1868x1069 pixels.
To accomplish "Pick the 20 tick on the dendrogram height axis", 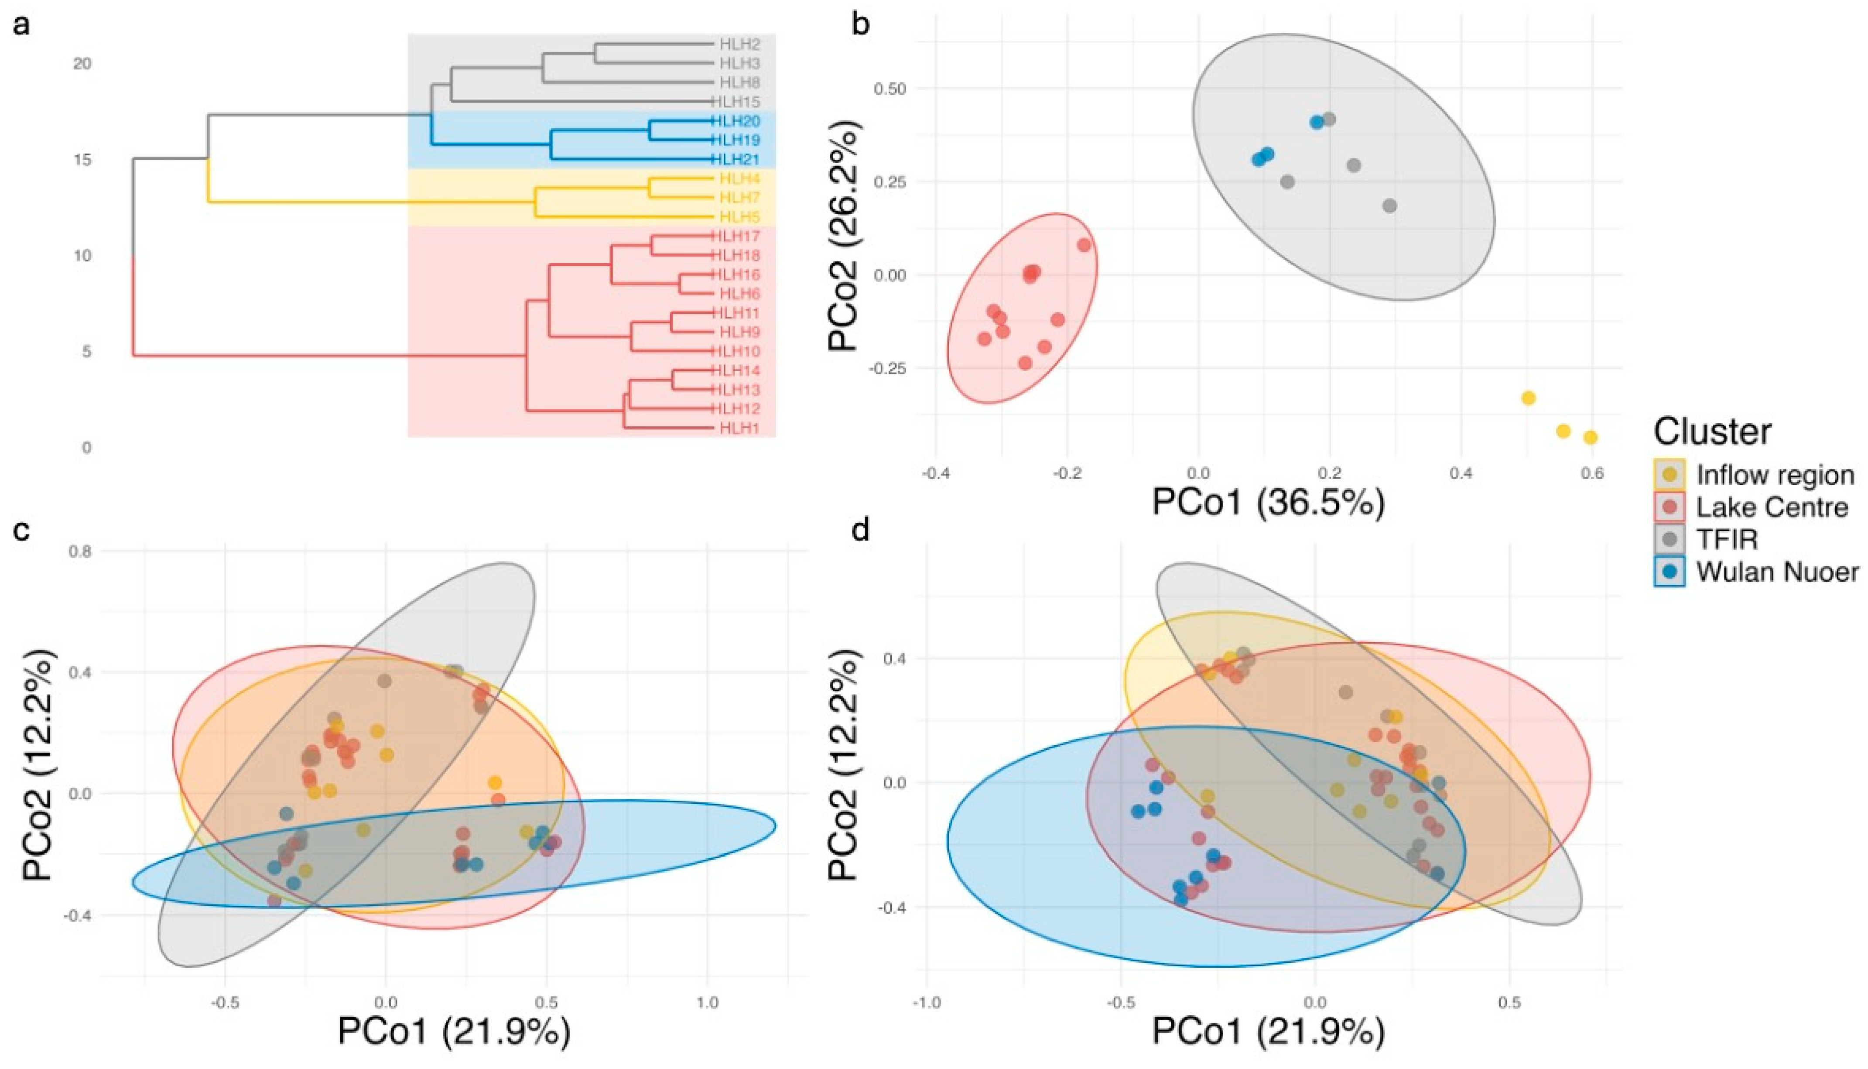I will [82, 64].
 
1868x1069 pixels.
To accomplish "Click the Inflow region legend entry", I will [1774, 475].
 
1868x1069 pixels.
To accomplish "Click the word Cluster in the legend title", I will [1712, 432].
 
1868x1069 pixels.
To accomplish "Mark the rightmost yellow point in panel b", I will [1590, 438].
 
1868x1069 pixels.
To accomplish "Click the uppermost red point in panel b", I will [1084, 245].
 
